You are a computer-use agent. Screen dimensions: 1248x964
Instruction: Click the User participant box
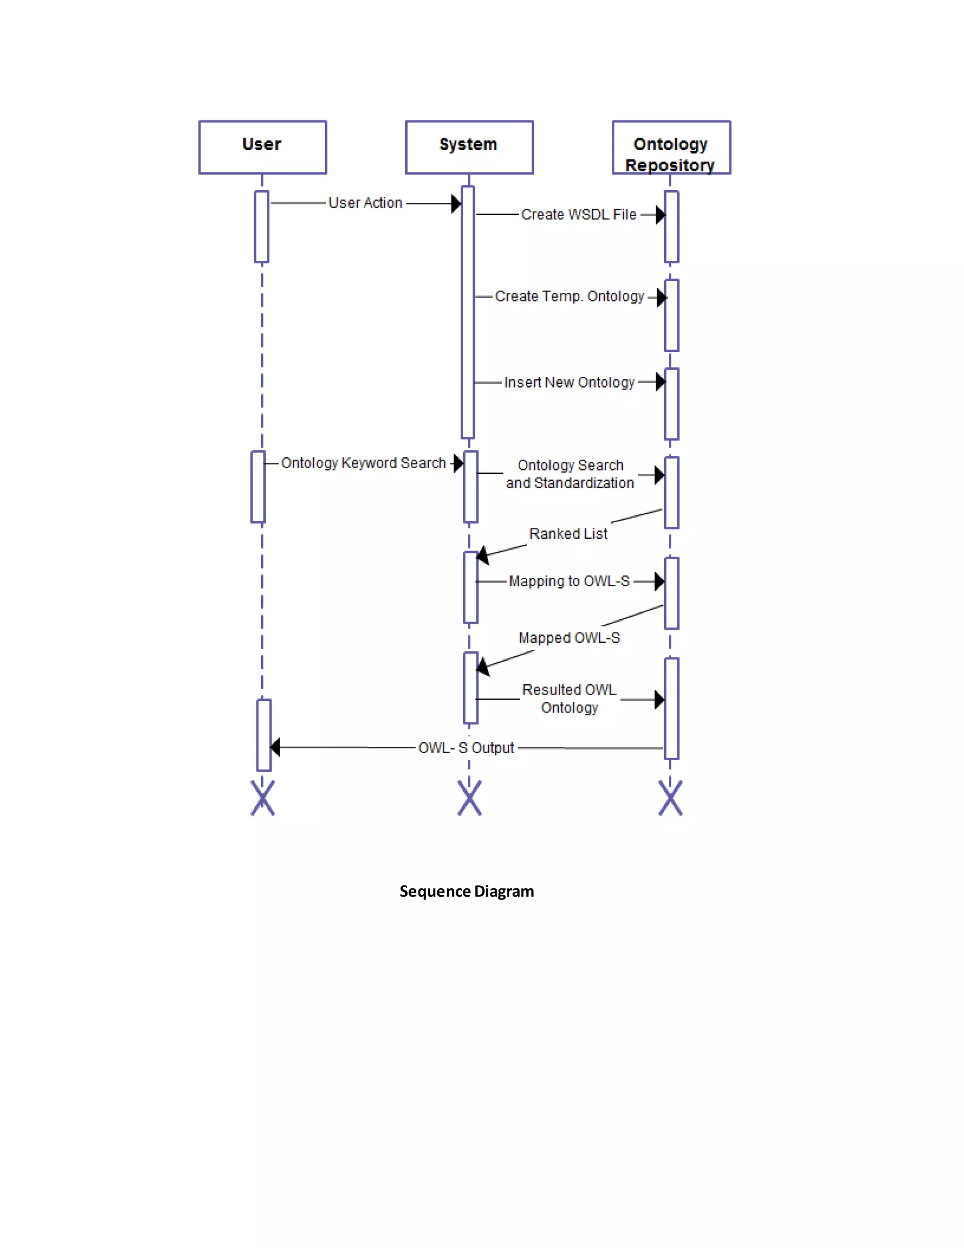tap(262, 147)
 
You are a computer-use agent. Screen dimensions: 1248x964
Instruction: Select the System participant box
tap(469, 147)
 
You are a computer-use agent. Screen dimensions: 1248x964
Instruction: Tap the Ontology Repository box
tap(671, 147)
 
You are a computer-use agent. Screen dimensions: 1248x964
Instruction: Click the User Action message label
tap(365, 203)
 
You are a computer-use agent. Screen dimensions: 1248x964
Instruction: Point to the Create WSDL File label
tap(578, 215)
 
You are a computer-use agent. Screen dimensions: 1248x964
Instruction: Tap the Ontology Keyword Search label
tap(363, 463)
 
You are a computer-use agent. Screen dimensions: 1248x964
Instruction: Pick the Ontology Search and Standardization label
tap(570, 474)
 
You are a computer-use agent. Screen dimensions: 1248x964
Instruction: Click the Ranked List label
tap(568, 534)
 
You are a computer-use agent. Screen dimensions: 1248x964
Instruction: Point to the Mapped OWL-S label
tap(569, 638)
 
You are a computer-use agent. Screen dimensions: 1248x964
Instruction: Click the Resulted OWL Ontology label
tap(570, 698)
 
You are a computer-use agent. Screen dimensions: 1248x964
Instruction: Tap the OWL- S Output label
tap(466, 748)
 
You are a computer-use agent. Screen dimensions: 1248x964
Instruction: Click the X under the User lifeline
tap(263, 798)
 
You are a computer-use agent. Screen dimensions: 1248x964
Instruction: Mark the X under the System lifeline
tap(469, 798)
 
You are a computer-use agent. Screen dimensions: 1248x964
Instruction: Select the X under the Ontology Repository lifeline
tap(670, 798)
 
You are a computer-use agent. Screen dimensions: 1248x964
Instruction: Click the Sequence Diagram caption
tap(466, 891)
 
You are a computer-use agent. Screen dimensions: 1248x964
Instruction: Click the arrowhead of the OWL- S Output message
tap(275, 747)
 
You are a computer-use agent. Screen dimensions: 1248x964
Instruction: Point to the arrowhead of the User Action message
tap(456, 203)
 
